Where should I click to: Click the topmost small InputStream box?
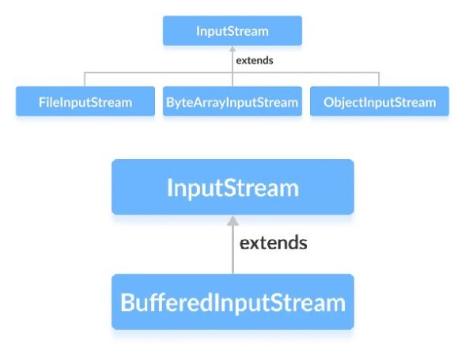pos(232,31)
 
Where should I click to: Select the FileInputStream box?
pos(85,101)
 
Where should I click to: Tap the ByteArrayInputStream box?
pos(232,101)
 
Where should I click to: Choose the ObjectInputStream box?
pos(380,101)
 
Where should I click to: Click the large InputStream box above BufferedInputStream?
pos(232,187)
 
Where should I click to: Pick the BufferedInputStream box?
pos(232,301)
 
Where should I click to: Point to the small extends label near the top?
pos(255,61)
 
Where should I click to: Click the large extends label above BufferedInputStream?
pos(273,243)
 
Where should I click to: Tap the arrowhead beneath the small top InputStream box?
pos(232,49)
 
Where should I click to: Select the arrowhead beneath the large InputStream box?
pos(232,221)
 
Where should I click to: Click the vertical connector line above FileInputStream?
pos(85,79)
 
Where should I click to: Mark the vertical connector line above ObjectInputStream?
pos(379,79)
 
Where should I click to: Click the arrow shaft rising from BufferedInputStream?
pos(232,250)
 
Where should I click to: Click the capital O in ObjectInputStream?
pos(329,102)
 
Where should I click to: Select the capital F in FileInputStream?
pos(42,102)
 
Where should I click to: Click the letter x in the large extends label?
pos(257,244)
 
